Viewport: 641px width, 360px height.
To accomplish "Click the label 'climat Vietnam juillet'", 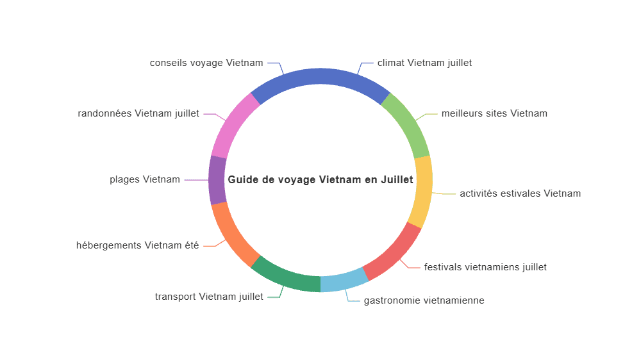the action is point(424,63).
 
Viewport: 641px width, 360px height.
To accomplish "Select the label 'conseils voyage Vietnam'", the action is point(206,63).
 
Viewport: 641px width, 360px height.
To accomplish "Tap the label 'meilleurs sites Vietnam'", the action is point(494,113).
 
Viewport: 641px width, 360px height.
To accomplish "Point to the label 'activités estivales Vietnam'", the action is point(520,193).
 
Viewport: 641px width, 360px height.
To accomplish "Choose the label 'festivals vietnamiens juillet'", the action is point(485,267).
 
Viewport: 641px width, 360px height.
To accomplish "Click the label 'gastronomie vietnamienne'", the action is point(424,301).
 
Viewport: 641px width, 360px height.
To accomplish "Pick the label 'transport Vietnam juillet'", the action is point(209,297).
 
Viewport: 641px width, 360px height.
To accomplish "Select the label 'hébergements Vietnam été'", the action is point(137,245).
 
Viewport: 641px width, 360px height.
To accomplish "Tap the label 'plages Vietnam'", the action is point(145,180).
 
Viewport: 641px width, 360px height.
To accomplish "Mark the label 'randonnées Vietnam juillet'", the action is point(138,113).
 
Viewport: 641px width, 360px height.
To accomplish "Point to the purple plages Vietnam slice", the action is point(217,180).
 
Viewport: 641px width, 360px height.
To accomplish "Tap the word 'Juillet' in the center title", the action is point(397,180).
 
